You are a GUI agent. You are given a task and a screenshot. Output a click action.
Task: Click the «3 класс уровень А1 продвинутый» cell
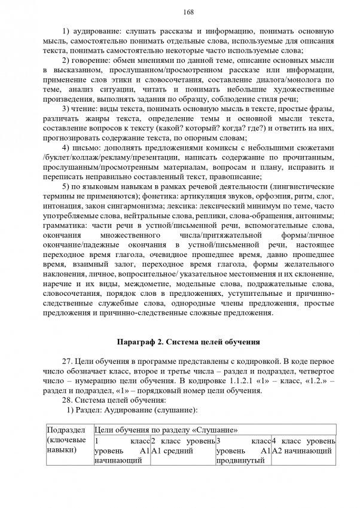[243, 449]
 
